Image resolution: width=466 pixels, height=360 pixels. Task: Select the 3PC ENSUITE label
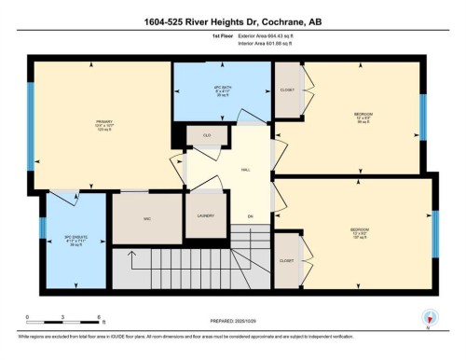pos(63,240)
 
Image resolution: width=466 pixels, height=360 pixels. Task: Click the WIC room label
pos(146,219)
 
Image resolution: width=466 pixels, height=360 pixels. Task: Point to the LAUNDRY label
pos(207,215)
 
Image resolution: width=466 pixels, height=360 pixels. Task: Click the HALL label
pos(245,171)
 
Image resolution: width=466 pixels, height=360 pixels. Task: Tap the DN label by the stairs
pos(250,216)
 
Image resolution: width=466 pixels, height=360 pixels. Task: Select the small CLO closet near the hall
pos(207,134)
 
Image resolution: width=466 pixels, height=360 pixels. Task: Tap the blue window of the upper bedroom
pos(422,115)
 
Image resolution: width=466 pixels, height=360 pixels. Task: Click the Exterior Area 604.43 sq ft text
pos(272,45)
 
